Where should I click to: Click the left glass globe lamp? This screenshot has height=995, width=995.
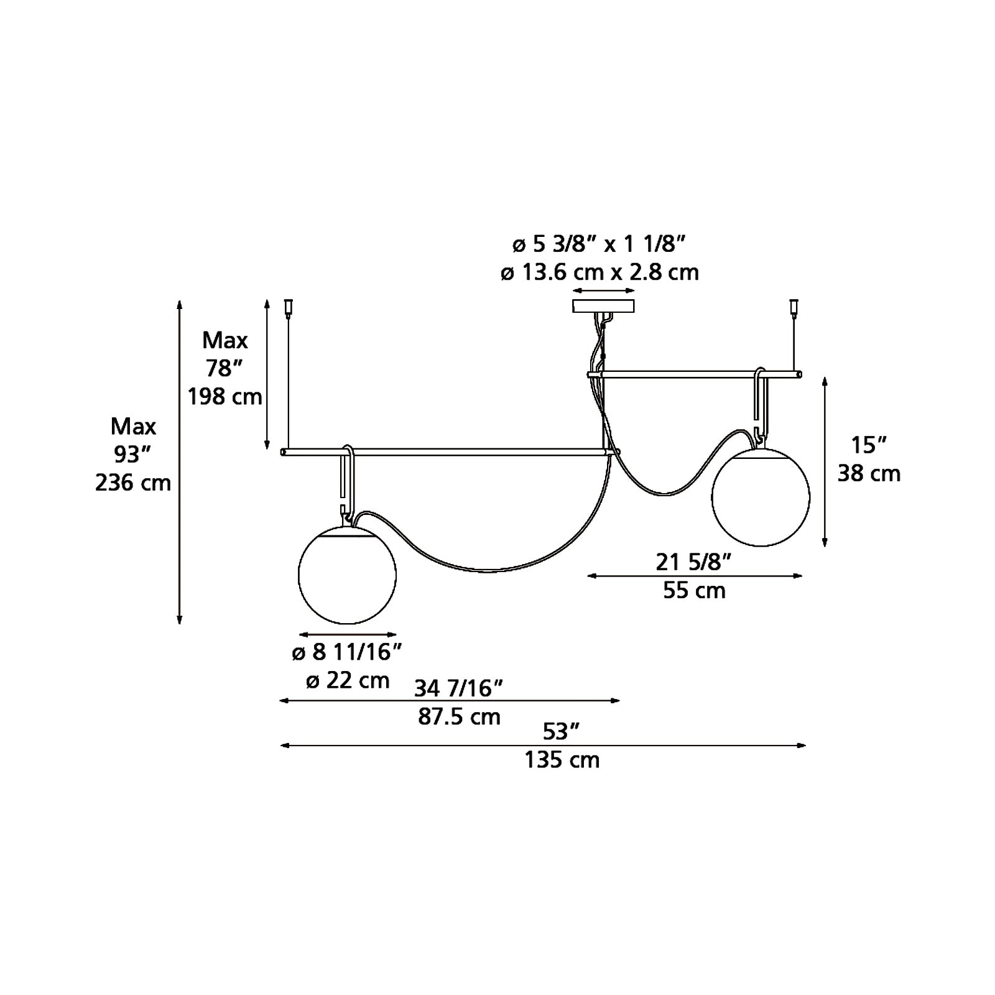point(347,575)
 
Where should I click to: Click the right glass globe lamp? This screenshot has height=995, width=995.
point(761,497)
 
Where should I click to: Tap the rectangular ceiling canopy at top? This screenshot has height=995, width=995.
point(603,306)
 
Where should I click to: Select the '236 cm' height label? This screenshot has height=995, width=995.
point(133,482)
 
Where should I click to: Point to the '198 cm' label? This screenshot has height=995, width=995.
point(225,396)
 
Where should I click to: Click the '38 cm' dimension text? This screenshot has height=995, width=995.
point(869,473)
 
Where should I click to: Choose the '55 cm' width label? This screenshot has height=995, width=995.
point(694,590)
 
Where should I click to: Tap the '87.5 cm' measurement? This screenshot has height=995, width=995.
point(459,716)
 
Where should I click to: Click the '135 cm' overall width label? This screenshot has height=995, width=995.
point(562,759)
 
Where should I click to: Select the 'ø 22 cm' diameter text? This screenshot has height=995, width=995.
point(348,680)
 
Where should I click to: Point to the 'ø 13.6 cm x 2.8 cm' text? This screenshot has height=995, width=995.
point(599,272)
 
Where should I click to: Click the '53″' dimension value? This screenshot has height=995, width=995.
point(561,732)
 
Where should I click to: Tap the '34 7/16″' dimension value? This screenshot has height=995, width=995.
point(458,688)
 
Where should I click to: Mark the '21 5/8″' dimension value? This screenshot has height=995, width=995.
point(693,562)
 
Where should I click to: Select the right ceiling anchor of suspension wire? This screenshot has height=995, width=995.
point(793,308)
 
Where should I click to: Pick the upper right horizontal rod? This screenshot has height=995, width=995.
point(695,374)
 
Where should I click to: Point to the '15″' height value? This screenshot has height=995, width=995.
point(868,446)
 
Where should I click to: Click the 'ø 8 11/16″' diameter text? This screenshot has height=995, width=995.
point(348,652)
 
